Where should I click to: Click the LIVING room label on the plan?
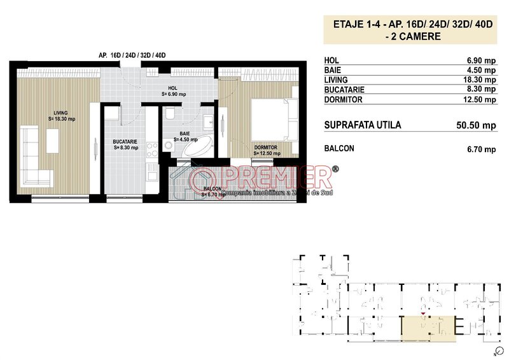point(61,113)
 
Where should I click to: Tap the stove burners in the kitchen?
point(152,149)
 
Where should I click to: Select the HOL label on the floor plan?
point(172,88)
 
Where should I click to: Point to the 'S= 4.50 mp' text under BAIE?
point(185,139)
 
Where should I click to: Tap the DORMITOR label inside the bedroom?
point(266,148)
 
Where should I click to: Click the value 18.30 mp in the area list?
point(480,80)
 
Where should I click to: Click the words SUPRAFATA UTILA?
point(362,125)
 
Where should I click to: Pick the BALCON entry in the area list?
point(339,149)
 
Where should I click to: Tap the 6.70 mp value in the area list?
point(480,149)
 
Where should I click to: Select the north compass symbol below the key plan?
point(493,350)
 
